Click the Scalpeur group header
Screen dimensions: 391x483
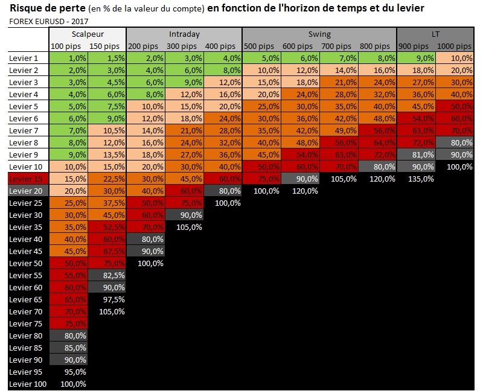pos(88,34)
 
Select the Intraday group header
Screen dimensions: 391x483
pos(184,34)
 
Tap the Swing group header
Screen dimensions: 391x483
pos(319,34)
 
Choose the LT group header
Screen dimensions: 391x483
pos(436,34)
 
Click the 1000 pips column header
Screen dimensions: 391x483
pos(455,46)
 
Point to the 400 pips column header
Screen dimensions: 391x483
pos(223,46)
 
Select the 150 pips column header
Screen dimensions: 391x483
pos(107,46)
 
